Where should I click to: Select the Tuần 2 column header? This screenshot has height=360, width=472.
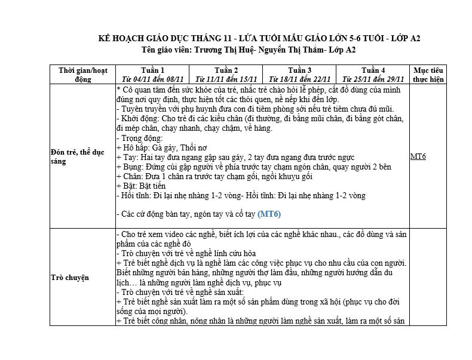point(226,70)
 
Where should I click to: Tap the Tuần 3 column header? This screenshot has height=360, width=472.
point(299,70)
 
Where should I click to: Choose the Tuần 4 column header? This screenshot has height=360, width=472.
point(373,70)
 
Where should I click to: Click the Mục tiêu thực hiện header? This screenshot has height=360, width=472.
point(428,74)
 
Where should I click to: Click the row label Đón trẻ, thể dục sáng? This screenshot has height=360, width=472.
point(78,156)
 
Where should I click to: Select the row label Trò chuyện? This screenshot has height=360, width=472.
point(69,277)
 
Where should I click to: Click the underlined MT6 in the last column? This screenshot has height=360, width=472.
point(418,156)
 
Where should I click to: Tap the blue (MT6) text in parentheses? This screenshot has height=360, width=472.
point(269,214)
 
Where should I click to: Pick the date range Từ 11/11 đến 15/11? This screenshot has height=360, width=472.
point(226,79)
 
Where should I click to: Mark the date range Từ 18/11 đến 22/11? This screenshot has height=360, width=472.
point(299,79)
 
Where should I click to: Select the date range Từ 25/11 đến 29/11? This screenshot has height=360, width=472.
point(373,79)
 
